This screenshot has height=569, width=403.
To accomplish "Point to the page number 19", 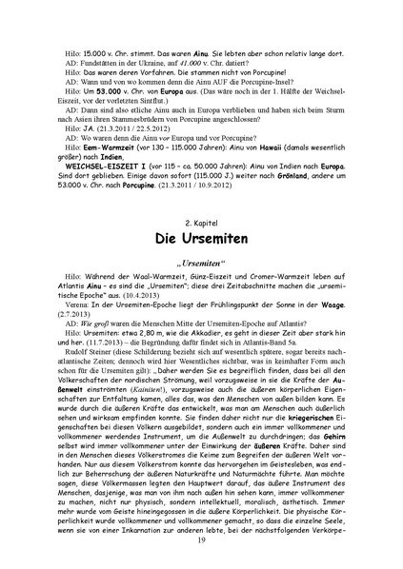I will click(201, 540).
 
